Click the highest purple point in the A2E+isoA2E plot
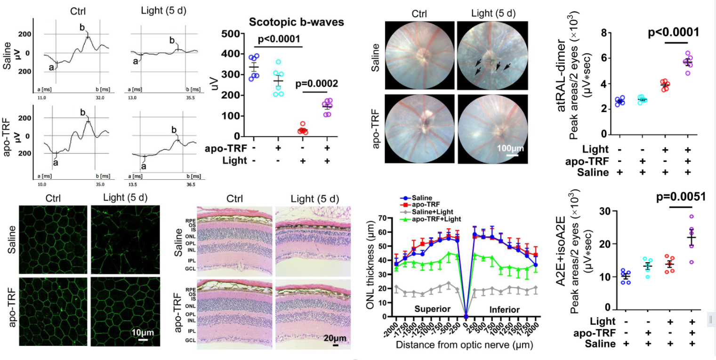click(692, 217)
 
